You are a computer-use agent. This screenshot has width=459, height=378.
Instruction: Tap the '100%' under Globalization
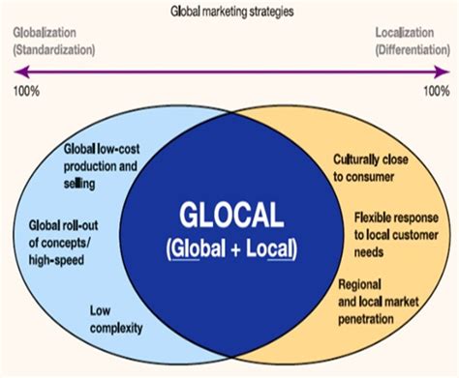click(x=26, y=93)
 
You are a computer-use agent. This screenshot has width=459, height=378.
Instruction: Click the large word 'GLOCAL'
click(x=229, y=212)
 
